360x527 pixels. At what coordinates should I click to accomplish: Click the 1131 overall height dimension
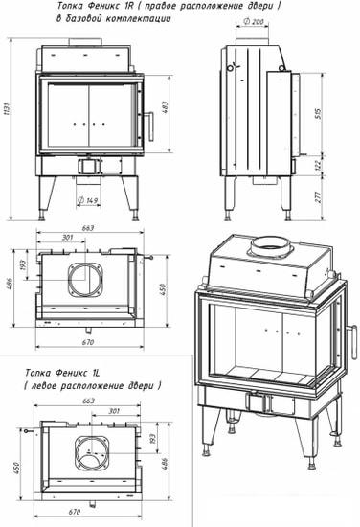coord(7,109)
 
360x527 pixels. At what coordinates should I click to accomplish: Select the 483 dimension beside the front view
coord(165,107)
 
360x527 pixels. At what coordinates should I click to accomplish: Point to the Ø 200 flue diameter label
coord(254,22)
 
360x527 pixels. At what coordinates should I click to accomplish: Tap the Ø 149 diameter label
coord(88,200)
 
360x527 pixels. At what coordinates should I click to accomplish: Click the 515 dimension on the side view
coord(319,113)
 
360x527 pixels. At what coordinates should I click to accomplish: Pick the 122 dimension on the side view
coord(319,165)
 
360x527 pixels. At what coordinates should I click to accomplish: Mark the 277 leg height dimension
coord(319,196)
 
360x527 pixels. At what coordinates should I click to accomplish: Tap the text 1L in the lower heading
coord(95,373)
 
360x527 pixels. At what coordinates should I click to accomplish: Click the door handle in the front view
coord(149,126)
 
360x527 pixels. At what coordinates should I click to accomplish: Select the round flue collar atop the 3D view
coord(271,247)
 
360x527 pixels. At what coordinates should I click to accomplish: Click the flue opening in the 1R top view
coord(85,280)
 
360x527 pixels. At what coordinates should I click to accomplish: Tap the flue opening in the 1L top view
coord(92,452)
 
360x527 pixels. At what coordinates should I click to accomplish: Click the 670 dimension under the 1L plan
coord(75,512)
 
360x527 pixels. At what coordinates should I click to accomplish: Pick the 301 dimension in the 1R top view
coord(67,238)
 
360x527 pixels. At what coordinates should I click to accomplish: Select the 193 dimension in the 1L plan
coord(152,439)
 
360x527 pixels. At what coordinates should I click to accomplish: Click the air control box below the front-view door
coord(89,166)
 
